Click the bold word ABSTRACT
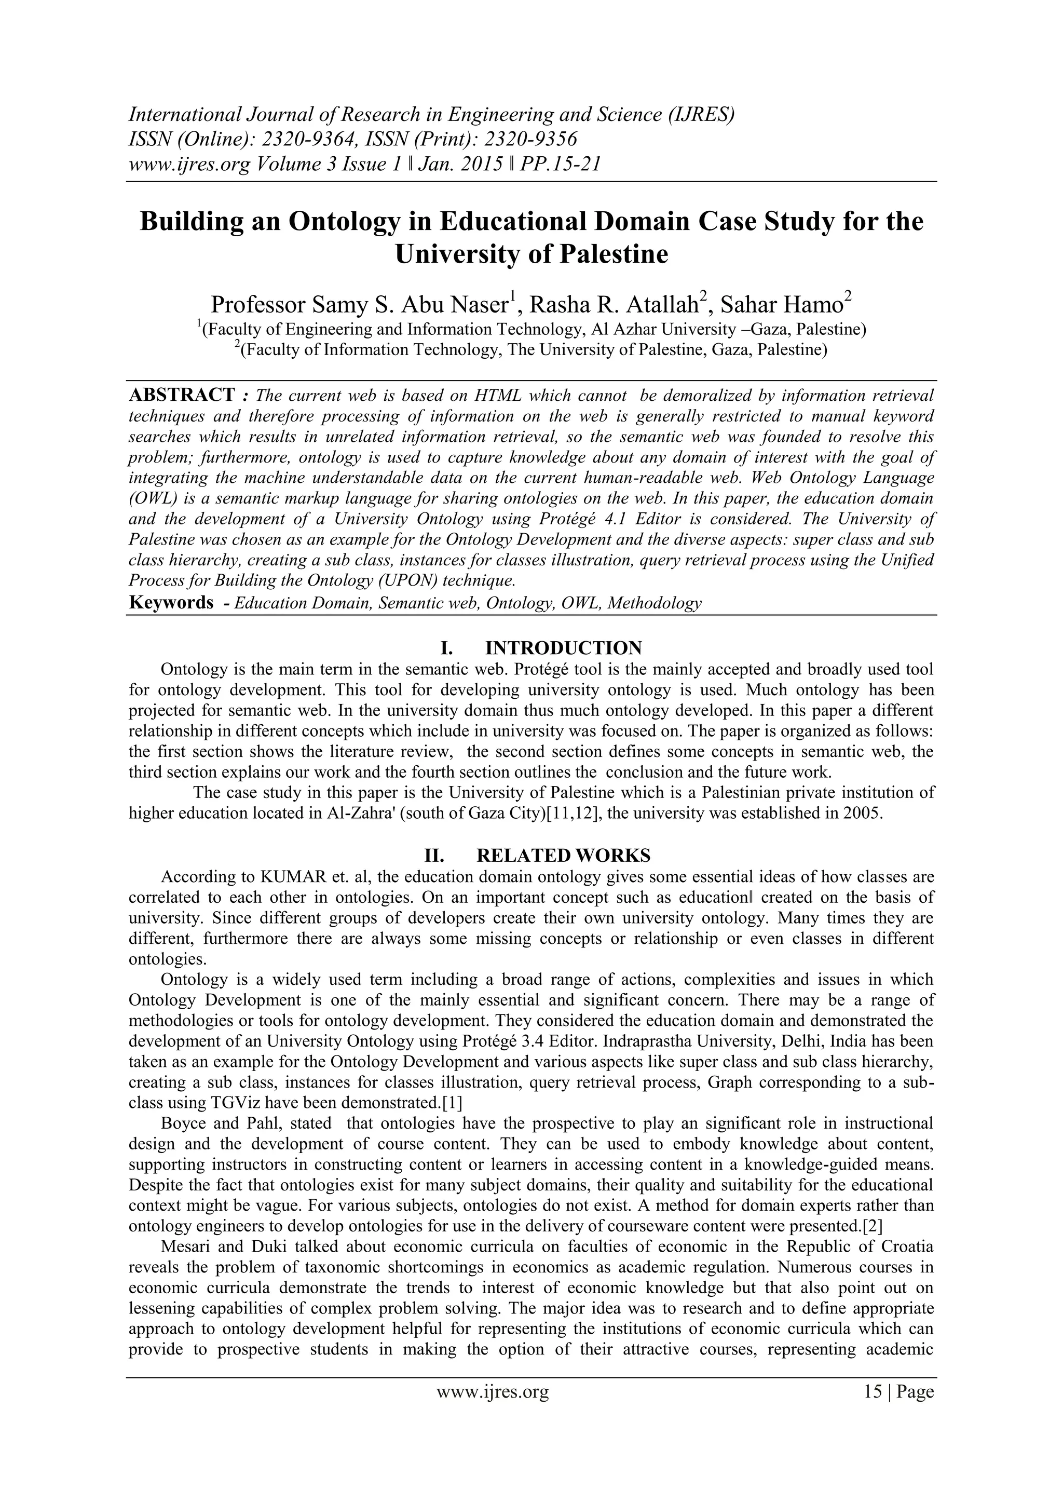tap(182, 395)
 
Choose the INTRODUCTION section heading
tap(563, 648)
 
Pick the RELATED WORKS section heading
tap(563, 856)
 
